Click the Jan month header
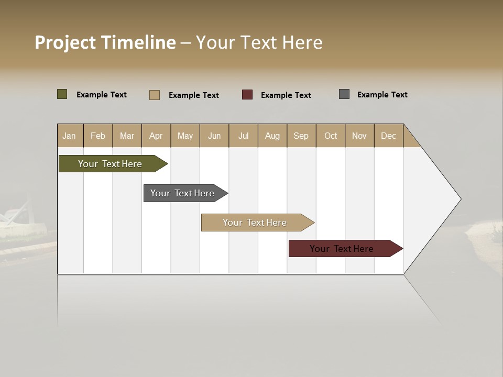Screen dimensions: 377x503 point(69,136)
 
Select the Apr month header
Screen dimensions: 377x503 point(156,136)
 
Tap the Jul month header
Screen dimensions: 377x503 point(243,136)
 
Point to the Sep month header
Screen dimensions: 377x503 point(301,136)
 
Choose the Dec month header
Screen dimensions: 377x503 point(388,136)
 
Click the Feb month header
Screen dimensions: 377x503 point(98,136)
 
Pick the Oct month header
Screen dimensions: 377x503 point(331,136)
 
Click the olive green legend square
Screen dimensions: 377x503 point(62,94)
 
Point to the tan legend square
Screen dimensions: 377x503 point(155,95)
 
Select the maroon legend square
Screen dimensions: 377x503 point(247,95)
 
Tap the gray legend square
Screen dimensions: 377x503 point(344,94)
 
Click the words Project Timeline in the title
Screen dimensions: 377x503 point(105,42)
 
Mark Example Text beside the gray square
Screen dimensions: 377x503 point(382,95)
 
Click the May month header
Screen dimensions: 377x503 point(185,136)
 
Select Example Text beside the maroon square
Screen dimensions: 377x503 point(286,95)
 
